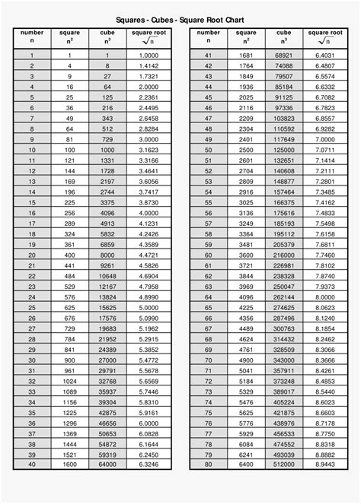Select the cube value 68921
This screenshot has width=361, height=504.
click(x=284, y=55)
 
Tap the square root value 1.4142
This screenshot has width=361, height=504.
click(x=149, y=66)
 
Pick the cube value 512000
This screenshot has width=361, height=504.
click(x=284, y=464)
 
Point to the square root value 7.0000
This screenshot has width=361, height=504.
click(x=324, y=139)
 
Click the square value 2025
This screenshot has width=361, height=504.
click(x=245, y=97)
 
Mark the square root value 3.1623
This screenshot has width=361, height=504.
click(x=149, y=150)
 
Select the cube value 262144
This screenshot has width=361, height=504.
click(x=284, y=296)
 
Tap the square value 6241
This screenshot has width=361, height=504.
click(x=245, y=453)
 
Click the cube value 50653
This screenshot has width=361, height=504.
click(x=108, y=433)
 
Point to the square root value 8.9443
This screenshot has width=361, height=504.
click(x=324, y=464)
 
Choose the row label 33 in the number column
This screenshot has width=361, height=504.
click(x=32, y=391)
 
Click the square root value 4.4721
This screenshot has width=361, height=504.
click(x=149, y=255)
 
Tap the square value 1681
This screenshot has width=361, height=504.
click(x=245, y=55)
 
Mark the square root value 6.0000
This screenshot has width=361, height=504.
click(x=149, y=422)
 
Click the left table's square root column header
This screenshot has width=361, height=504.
click(x=149, y=37)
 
